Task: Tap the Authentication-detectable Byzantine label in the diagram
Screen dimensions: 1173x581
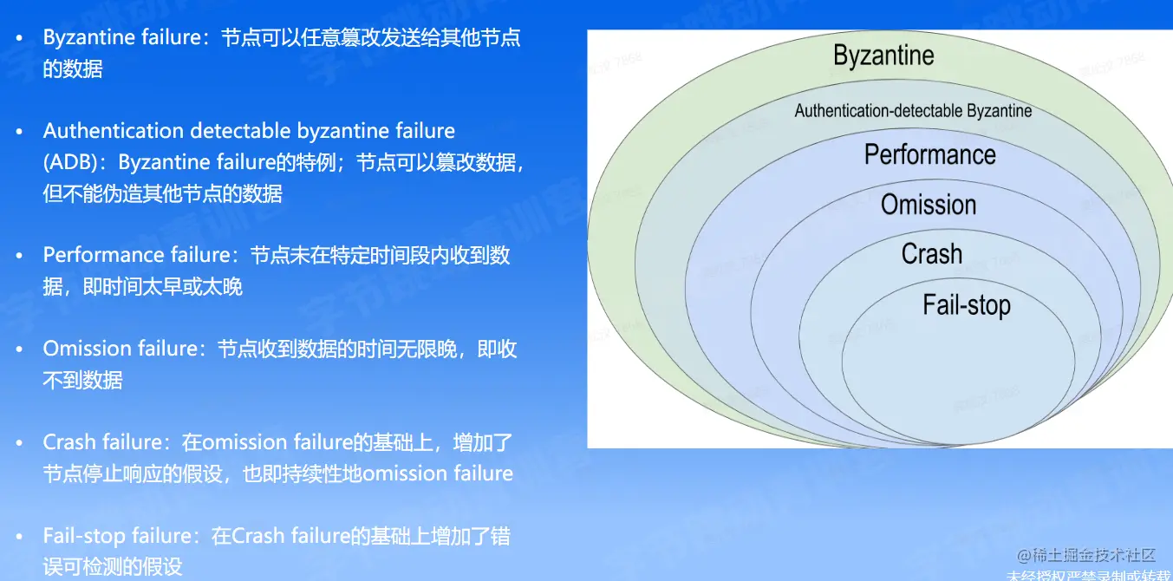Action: tap(913, 110)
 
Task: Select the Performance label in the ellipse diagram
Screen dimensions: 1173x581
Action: tap(930, 154)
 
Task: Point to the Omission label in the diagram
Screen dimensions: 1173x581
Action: tap(929, 205)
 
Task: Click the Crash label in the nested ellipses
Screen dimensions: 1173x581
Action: tap(932, 253)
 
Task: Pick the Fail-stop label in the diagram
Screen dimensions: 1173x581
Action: tap(967, 305)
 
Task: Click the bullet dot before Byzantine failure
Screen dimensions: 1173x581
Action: tap(19, 37)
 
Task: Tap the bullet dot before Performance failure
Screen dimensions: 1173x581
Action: tap(19, 256)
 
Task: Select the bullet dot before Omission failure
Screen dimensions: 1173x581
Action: tap(19, 349)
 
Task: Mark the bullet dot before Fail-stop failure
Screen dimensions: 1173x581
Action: tap(19, 537)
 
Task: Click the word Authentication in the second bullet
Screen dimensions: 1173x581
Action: tap(113, 130)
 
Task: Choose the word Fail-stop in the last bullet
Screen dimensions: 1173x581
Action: tap(84, 537)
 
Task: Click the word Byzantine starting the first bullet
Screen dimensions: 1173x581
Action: tap(85, 38)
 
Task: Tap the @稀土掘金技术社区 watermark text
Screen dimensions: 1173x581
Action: tap(1086, 555)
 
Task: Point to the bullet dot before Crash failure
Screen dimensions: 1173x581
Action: tap(19, 443)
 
